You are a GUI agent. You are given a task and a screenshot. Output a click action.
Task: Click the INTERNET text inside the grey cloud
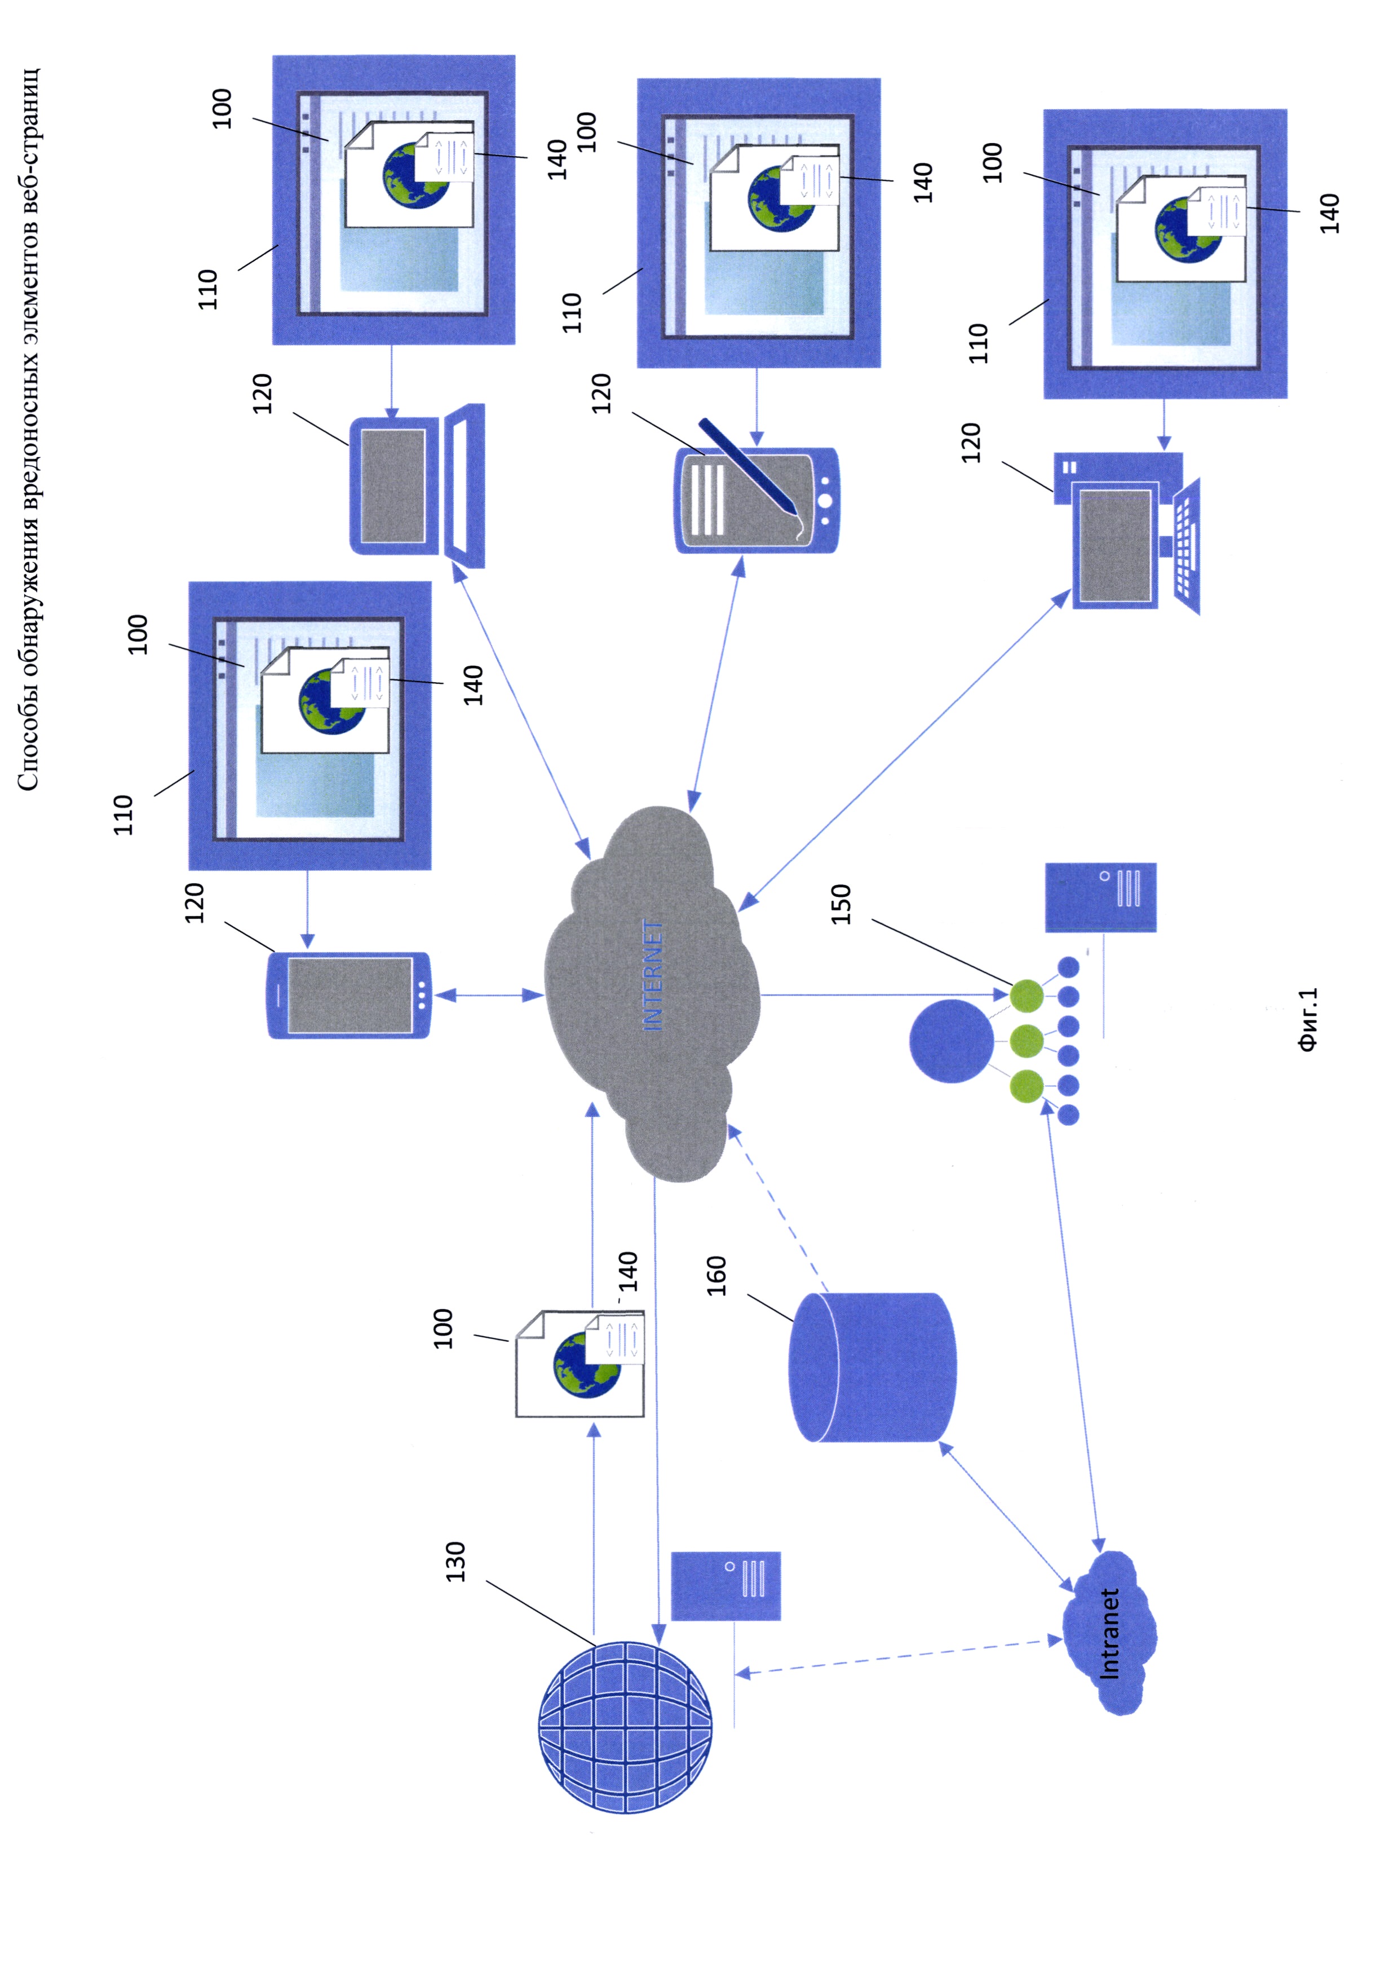click(x=653, y=976)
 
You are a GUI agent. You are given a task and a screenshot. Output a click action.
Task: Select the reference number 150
click(x=841, y=904)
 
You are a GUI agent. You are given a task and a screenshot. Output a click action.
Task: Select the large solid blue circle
click(x=950, y=1040)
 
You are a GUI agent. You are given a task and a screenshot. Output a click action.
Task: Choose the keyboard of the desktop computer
click(x=1186, y=547)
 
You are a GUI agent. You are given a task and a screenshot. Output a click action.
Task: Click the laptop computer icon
click(x=417, y=486)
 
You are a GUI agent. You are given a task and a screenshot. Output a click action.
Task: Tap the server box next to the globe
click(x=725, y=1586)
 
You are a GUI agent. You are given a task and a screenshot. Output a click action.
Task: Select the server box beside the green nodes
click(x=1100, y=897)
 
